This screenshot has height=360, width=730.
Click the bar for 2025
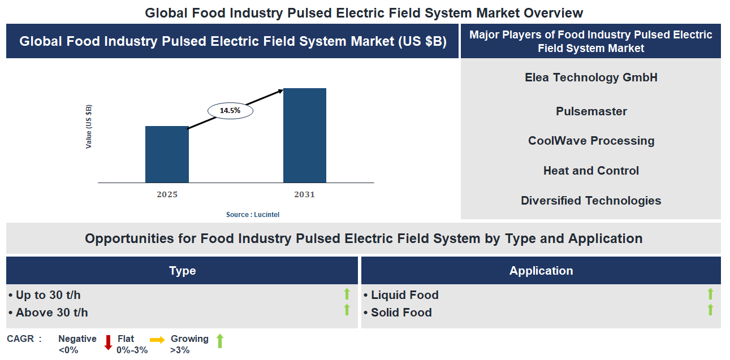click(x=167, y=154)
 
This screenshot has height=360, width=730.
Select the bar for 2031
click(x=305, y=136)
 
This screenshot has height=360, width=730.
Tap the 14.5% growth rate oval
click(x=230, y=111)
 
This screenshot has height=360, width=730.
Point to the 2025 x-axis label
click(x=167, y=194)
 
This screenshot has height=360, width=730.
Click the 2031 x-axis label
click(x=305, y=194)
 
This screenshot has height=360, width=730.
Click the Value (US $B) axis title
click(x=89, y=127)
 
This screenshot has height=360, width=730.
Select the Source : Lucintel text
click(x=253, y=215)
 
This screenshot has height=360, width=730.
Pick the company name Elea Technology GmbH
click(x=591, y=77)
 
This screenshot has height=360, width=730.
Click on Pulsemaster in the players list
click(x=591, y=111)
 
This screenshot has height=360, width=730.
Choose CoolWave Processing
click(x=591, y=141)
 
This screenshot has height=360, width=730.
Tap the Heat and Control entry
click(x=591, y=171)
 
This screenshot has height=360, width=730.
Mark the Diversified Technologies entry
click(x=591, y=201)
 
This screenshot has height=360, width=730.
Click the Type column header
click(x=182, y=271)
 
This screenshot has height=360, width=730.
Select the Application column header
click(x=541, y=271)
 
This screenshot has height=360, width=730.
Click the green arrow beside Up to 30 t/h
click(x=347, y=294)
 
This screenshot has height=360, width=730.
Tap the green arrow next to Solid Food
click(x=710, y=310)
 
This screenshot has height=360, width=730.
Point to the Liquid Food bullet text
click(x=404, y=295)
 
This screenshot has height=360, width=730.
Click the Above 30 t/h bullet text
click(x=51, y=313)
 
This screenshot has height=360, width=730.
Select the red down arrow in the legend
click(x=108, y=342)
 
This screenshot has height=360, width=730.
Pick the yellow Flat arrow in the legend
click(x=158, y=340)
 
